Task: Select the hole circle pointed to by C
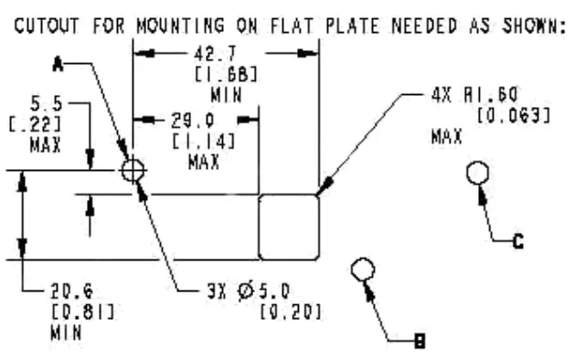click(479, 173)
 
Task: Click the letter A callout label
click(58, 63)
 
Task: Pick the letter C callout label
click(517, 242)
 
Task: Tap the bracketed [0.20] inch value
click(288, 313)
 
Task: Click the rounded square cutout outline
click(289, 227)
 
